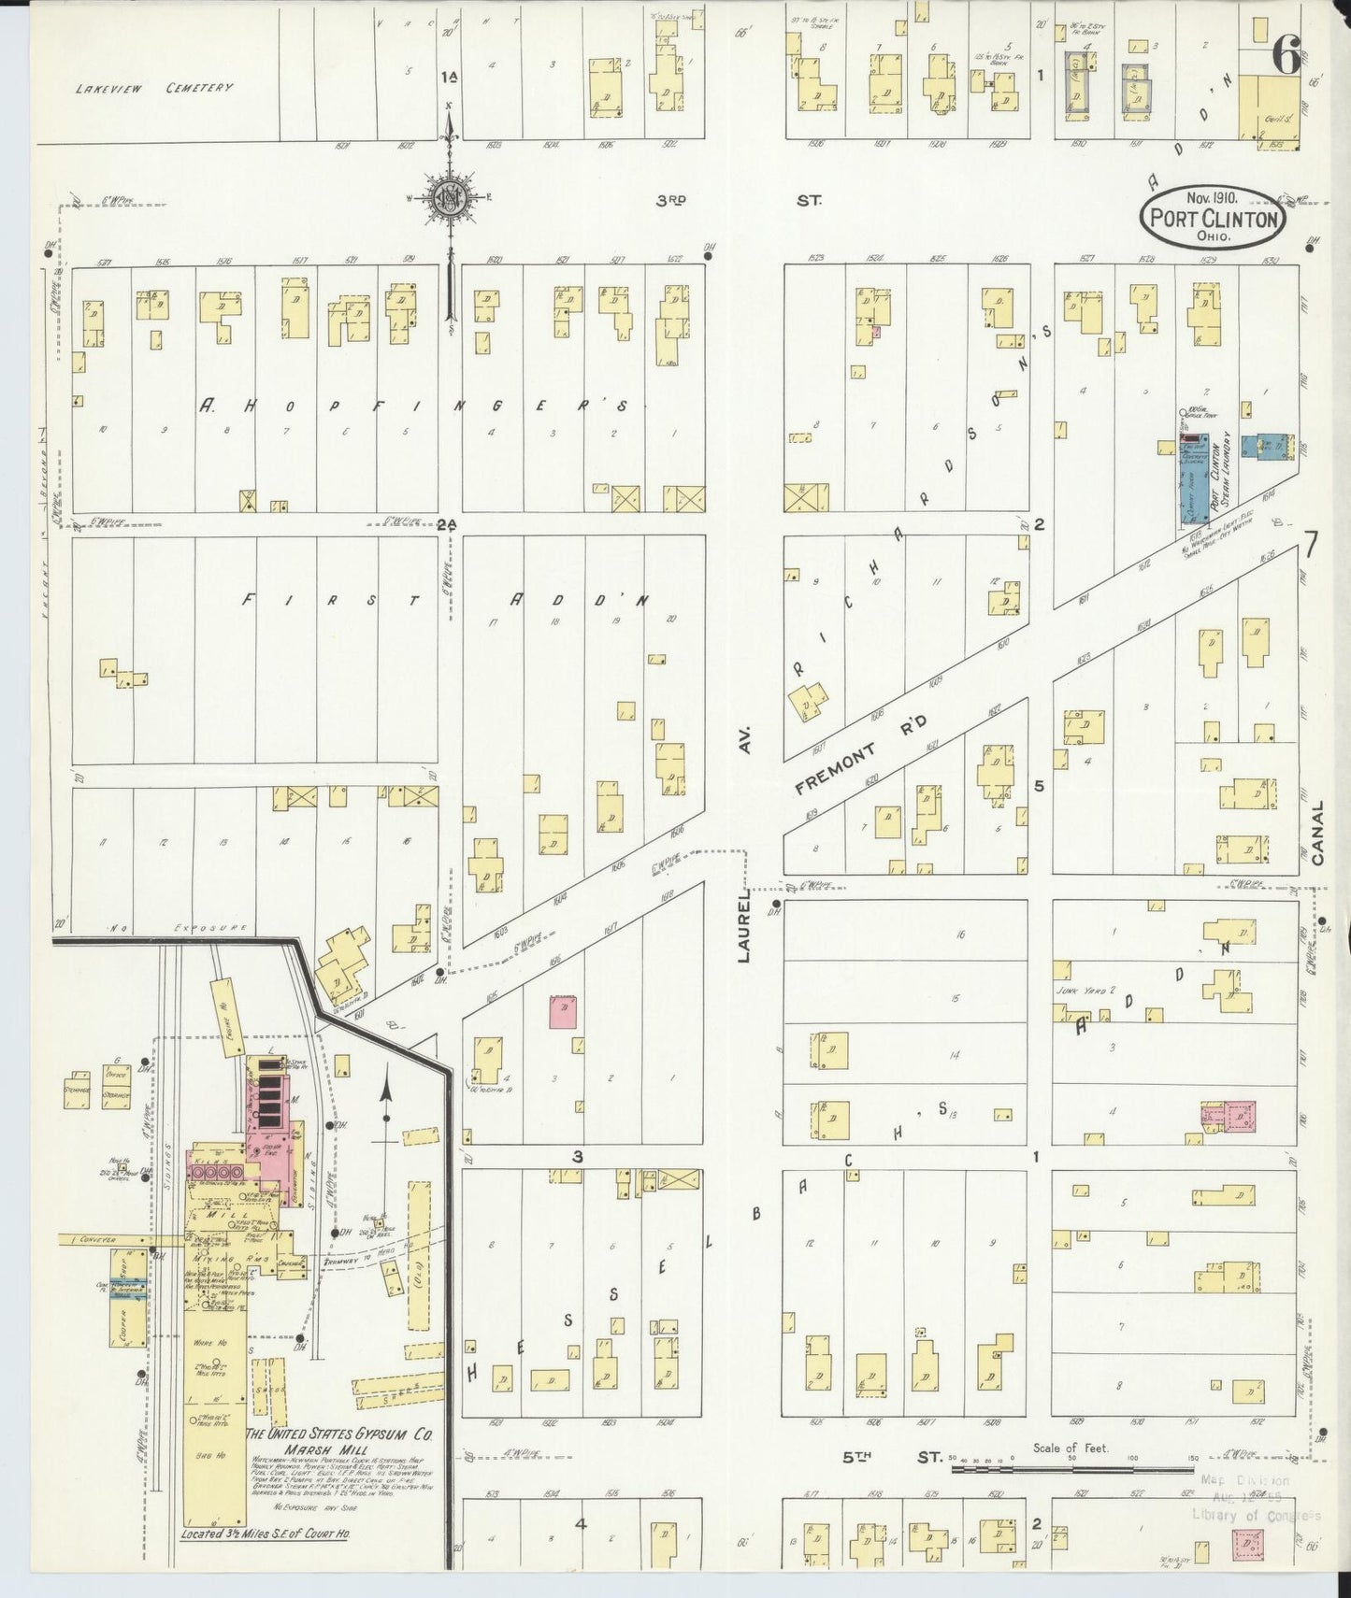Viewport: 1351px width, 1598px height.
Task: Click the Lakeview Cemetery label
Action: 154,88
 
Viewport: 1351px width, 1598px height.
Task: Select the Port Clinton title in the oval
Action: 1214,220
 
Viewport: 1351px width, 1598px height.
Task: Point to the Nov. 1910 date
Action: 1213,198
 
